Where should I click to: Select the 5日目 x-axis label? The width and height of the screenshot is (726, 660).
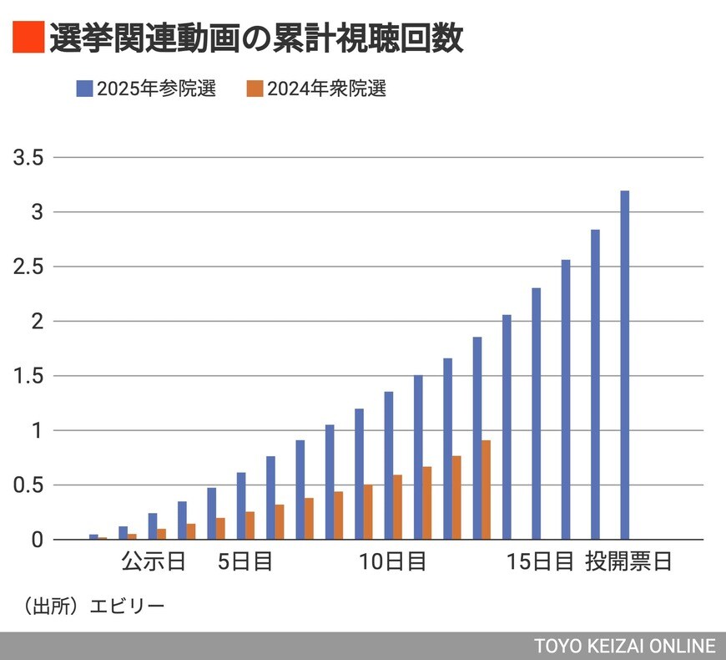(x=245, y=561)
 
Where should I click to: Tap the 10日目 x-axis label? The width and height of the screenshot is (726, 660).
(x=393, y=561)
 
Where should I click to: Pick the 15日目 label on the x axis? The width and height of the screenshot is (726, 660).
(x=541, y=561)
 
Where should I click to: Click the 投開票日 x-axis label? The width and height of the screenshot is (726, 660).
(x=628, y=561)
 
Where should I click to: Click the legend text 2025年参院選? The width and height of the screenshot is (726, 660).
(x=156, y=89)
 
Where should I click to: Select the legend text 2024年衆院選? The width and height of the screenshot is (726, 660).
(x=327, y=89)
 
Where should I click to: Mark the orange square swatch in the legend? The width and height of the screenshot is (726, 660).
(x=255, y=89)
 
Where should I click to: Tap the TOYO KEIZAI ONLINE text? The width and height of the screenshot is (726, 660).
(x=625, y=646)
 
